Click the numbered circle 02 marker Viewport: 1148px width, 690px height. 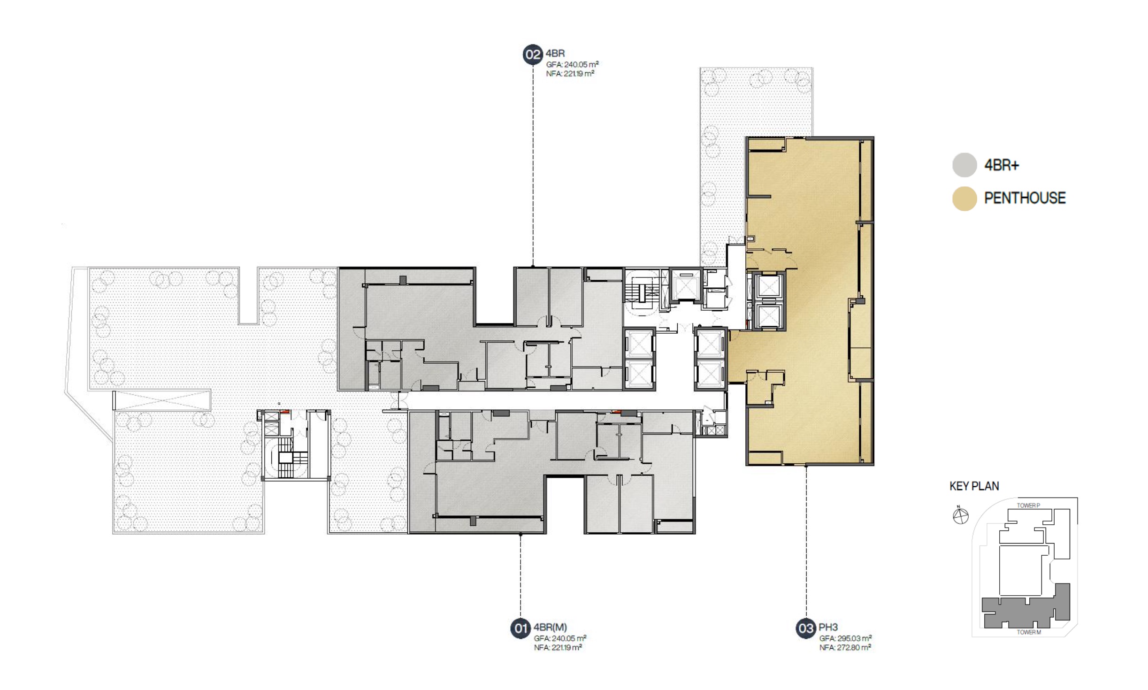533,54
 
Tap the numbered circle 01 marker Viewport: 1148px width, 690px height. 520,629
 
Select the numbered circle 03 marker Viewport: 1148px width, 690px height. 806,629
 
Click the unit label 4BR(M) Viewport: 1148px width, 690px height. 550,627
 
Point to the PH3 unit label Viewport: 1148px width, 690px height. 828,627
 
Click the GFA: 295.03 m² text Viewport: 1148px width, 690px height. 845,638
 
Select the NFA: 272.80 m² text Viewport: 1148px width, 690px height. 845,648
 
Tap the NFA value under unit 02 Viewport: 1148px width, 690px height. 570,74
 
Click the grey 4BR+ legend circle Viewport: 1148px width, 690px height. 964,165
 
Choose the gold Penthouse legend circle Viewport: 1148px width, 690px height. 964,199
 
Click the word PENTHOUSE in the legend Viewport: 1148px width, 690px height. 1025,198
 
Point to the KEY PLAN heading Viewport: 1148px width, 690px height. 974,486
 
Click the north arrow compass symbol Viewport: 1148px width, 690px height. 960,515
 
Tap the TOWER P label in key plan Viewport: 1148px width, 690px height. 1028,506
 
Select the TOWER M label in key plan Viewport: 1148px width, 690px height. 1029,632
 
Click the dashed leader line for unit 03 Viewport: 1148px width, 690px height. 806,542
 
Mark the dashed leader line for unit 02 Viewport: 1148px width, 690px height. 533,165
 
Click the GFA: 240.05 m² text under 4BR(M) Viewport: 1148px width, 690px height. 560,638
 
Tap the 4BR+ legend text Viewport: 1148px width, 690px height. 1002,165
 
